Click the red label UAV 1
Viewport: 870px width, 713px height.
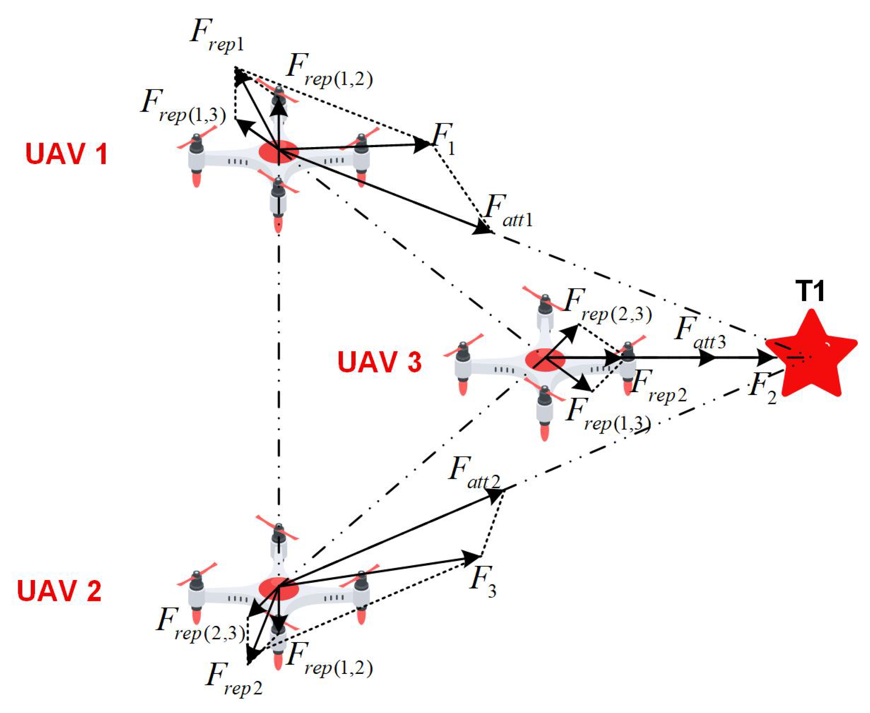(x=67, y=154)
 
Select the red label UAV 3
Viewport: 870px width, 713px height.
(x=379, y=362)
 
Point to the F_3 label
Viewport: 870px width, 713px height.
(x=483, y=583)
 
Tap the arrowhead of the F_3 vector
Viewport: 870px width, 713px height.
(x=470, y=558)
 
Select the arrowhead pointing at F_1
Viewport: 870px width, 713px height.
(x=421, y=145)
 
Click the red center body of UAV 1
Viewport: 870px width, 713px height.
(x=279, y=152)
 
